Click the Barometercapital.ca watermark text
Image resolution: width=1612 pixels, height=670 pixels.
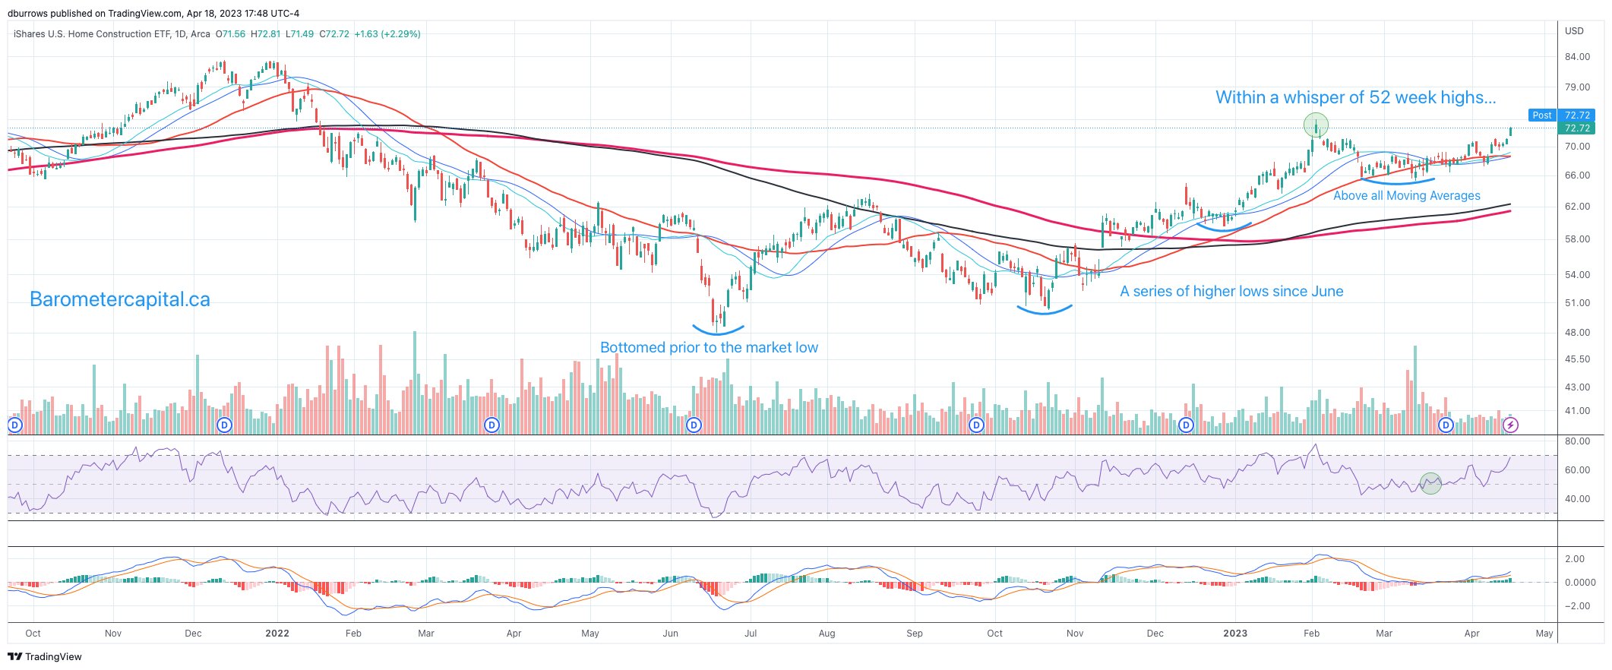click(x=119, y=300)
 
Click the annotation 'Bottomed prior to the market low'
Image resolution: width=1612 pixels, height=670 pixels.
click(x=709, y=348)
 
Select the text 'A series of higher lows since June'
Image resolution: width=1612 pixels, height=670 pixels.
click(x=1231, y=292)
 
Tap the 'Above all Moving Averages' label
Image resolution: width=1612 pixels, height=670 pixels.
click(x=1407, y=196)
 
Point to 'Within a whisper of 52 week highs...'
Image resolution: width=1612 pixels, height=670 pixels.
click(x=1355, y=97)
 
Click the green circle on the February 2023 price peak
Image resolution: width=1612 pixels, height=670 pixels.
click(x=1316, y=125)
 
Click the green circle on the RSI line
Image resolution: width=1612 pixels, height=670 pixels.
click(x=1430, y=483)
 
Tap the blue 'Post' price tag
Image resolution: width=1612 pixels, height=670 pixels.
click(x=1541, y=115)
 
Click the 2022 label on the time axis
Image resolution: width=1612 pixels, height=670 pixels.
click(x=277, y=634)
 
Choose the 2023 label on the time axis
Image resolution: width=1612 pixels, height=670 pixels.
click(x=1235, y=634)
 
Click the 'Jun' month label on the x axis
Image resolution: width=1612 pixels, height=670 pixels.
click(x=670, y=634)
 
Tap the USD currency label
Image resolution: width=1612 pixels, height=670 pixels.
click(x=1574, y=31)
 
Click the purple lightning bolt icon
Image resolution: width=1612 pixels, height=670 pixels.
click(x=1511, y=425)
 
